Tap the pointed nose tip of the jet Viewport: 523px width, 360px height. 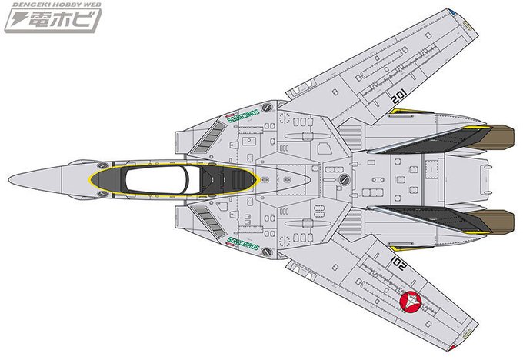[x=14, y=181]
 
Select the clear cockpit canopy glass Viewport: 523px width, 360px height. [x=158, y=180]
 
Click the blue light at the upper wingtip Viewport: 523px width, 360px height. [x=455, y=12]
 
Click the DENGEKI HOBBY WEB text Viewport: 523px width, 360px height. [x=50, y=6]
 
